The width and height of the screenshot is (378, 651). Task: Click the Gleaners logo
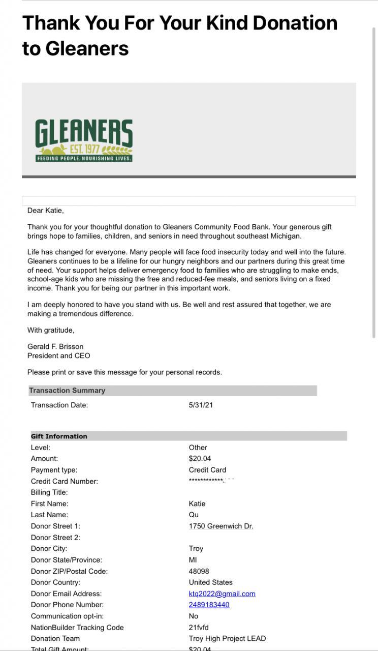point(84,140)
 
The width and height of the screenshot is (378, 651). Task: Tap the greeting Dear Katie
point(46,210)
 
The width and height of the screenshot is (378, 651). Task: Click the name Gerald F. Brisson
point(55,346)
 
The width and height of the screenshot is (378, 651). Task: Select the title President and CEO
point(58,356)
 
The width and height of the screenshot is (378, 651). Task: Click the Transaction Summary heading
point(67,391)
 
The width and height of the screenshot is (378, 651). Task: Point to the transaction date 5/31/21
point(201,405)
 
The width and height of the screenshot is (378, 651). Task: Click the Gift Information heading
point(59,436)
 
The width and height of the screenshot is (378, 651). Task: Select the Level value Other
point(198,448)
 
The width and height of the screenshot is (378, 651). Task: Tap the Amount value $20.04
point(200,459)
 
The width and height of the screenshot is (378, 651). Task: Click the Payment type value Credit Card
point(207,470)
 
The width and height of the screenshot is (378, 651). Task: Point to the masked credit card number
point(211,481)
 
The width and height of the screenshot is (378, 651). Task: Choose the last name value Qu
point(194,515)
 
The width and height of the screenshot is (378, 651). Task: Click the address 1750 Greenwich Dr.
point(221,526)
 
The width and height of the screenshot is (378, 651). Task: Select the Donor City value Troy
point(196,548)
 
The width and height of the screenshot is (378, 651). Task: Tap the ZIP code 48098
point(199,571)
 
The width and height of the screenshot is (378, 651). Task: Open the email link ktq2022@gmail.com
point(222,594)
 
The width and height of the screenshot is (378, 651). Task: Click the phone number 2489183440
point(209,605)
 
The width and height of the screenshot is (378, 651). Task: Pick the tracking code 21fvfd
point(199,627)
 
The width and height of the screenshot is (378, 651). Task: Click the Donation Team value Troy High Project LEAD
point(227,638)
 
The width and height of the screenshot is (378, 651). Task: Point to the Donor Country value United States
point(210,582)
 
